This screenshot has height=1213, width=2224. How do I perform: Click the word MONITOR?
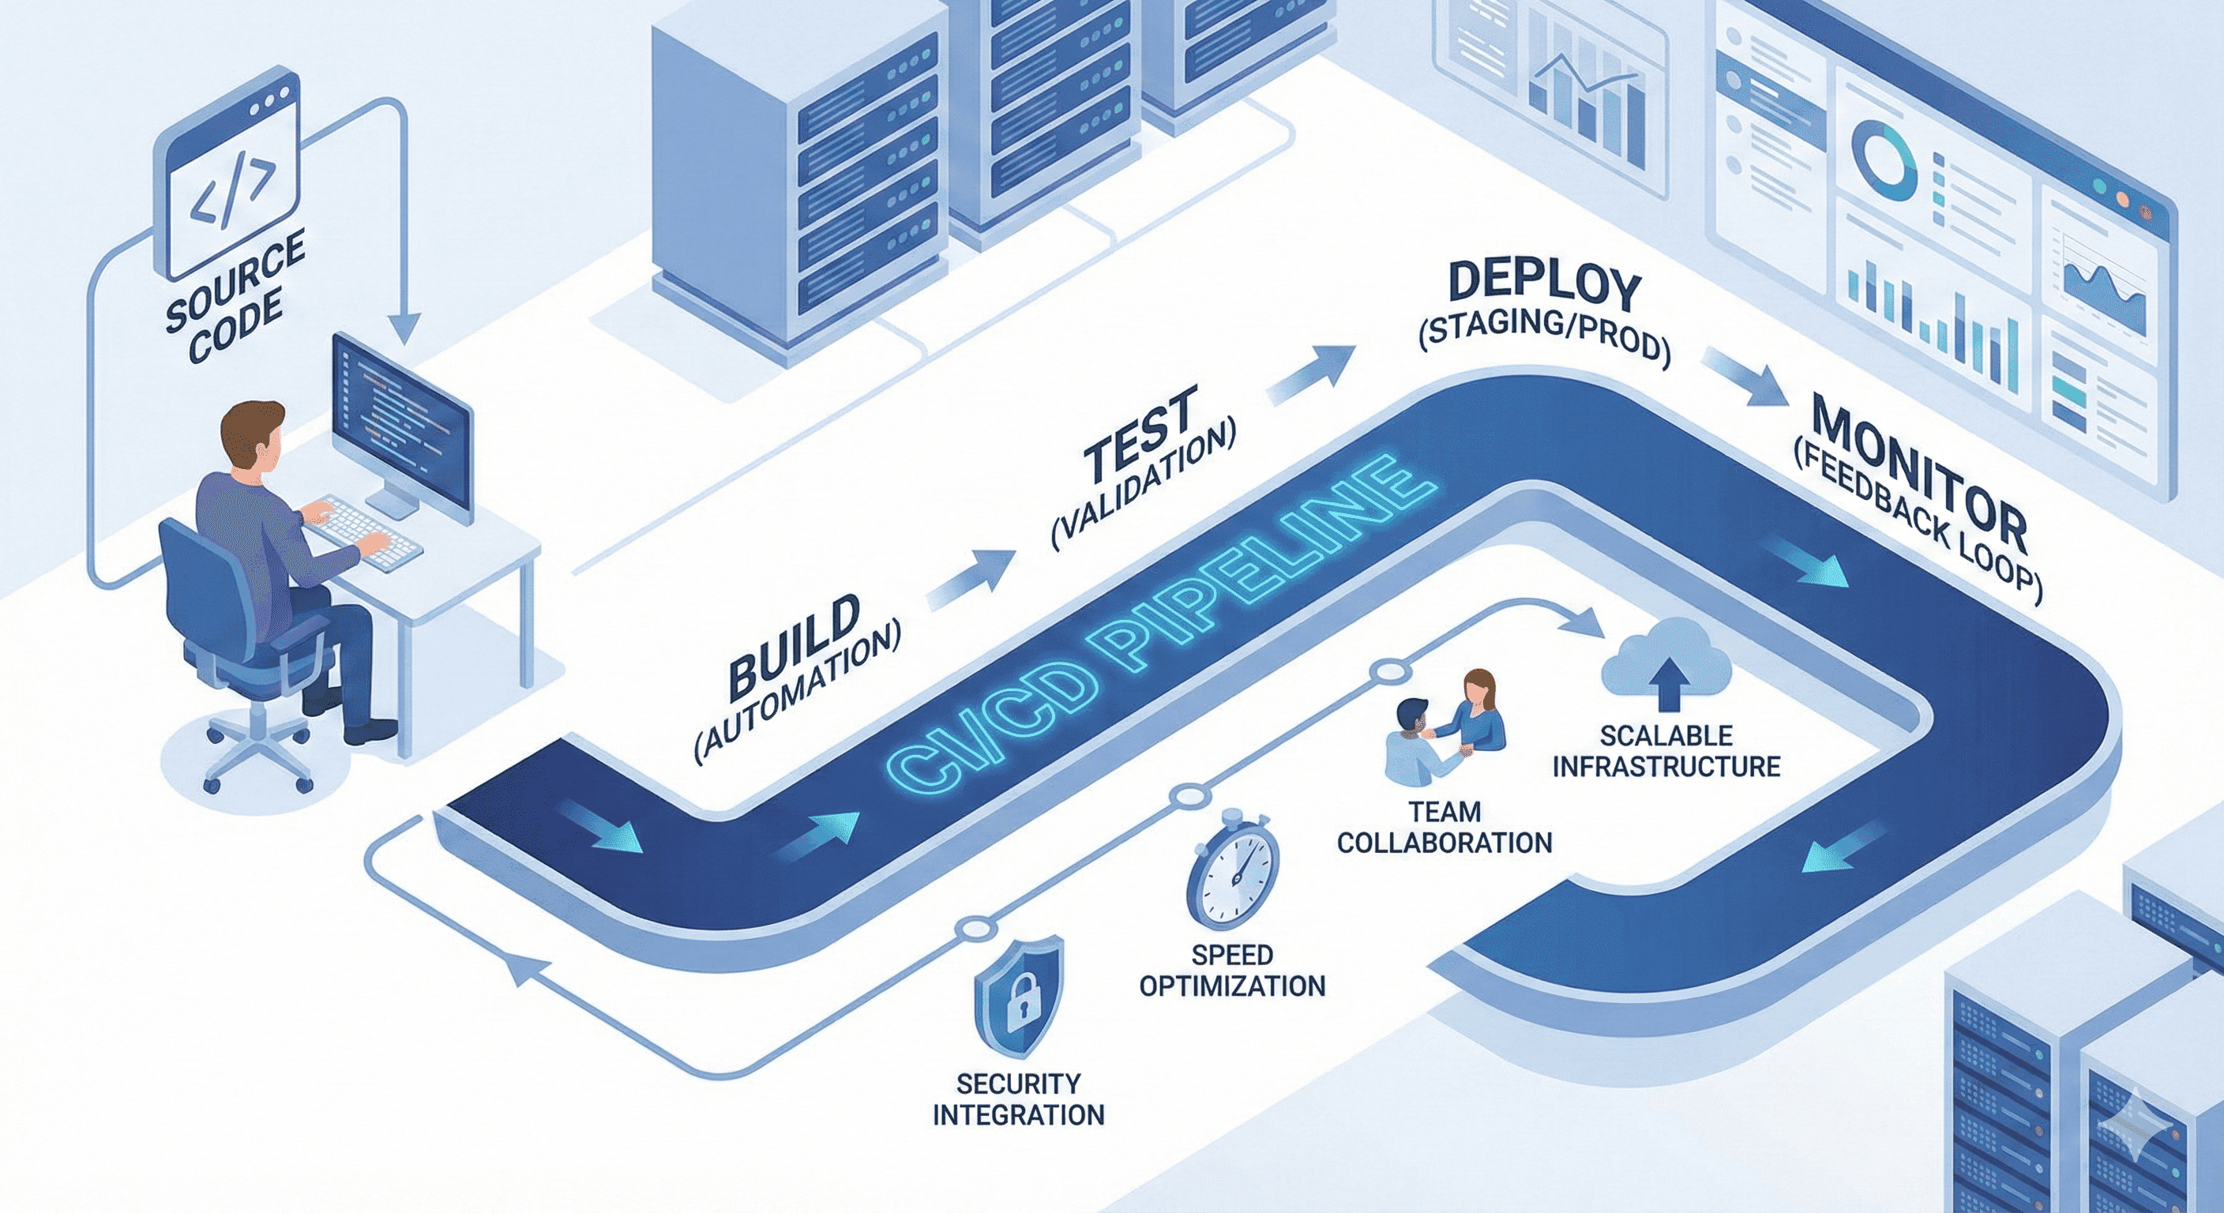[1918, 471]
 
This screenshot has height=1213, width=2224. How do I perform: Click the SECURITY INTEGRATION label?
[1019, 1098]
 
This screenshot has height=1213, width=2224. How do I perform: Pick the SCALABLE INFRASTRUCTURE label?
[1666, 751]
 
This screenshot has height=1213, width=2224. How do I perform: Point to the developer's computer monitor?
[402, 424]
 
